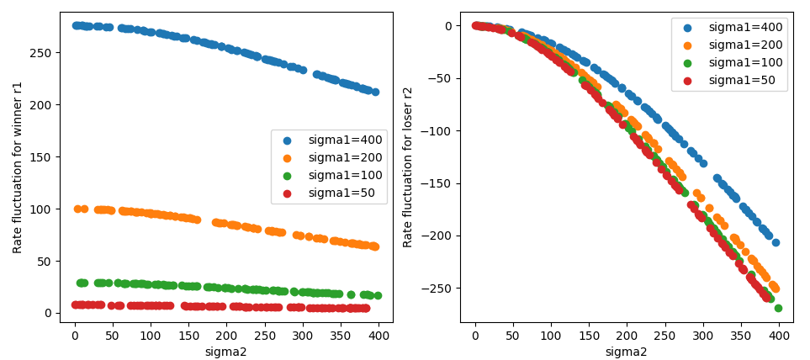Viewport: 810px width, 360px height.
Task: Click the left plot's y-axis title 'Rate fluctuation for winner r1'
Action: (18, 167)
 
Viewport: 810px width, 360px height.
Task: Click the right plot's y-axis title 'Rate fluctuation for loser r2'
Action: (409, 167)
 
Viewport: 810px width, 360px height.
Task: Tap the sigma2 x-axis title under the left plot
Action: (225, 352)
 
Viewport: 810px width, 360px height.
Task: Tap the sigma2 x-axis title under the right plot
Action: (627, 352)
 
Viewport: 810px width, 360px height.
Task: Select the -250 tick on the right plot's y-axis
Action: (439, 289)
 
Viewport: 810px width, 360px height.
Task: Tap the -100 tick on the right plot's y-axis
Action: (439, 131)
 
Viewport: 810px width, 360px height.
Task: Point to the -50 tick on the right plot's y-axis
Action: (442, 78)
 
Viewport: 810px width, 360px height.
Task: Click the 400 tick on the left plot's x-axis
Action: (379, 334)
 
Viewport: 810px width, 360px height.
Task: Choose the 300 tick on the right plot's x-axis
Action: (703, 334)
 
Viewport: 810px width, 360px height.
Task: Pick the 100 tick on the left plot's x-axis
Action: (151, 334)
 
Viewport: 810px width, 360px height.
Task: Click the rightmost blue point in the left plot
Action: (375, 92)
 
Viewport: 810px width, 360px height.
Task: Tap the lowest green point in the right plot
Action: (778, 308)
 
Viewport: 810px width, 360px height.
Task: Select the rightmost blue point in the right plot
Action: (776, 242)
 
